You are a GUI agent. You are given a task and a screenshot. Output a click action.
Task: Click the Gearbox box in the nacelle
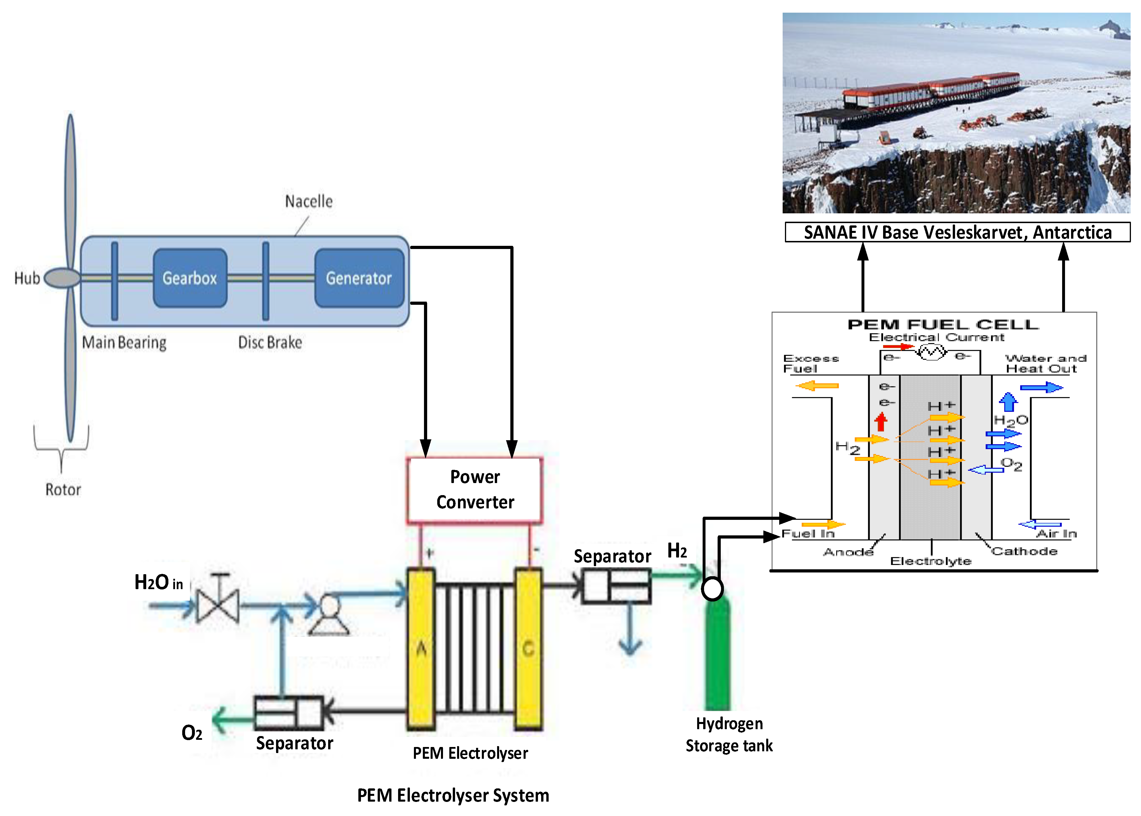click(190, 278)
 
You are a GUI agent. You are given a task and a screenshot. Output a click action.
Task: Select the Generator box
click(359, 278)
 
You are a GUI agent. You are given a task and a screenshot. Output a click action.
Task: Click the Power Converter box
click(475, 489)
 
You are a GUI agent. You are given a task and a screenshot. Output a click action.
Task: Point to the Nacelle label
click(309, 202)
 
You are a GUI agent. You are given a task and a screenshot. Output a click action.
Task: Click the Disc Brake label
click(270, 343)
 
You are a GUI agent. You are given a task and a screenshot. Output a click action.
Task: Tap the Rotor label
click(63, 489)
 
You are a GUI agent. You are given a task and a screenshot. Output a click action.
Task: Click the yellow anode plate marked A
click(421, 648)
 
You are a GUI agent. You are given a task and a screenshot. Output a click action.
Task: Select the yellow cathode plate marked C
click(528, 648)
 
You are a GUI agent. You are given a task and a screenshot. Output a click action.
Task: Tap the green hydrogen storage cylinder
click(718, 653)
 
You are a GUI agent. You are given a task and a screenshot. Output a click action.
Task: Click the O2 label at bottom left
click(192, 733)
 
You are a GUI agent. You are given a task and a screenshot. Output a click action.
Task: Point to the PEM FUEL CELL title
click(943, 325)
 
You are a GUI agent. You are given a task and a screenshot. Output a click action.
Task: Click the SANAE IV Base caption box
click(957, 232)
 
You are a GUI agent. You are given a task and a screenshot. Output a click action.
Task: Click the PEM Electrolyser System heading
click(453, 795)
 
